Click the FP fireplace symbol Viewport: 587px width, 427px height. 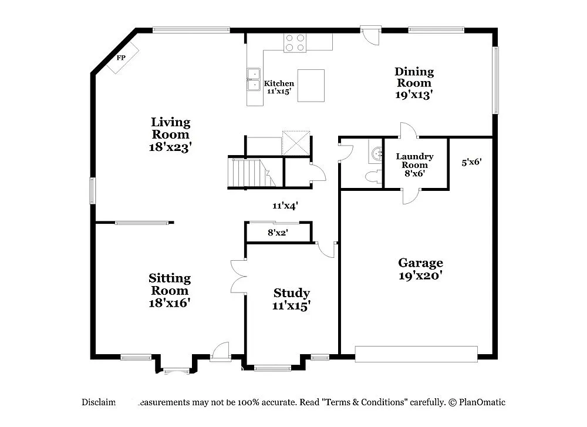122,58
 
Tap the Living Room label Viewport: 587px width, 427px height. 171,135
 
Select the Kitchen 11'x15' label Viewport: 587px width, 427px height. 279,88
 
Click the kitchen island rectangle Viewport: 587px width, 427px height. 311,86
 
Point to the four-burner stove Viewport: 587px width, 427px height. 295,43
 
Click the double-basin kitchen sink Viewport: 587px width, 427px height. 254,79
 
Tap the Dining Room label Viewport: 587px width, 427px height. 414,82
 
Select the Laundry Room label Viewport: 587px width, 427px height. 414,164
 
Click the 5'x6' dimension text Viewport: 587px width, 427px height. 471,162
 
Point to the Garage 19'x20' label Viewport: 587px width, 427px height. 420,268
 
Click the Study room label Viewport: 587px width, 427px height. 292,299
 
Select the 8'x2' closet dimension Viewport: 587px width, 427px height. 278,233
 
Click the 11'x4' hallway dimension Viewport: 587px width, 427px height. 285,206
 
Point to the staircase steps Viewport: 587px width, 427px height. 247,173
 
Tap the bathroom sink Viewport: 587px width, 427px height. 375,154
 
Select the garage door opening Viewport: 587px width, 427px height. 416,354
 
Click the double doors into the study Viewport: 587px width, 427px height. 238,276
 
